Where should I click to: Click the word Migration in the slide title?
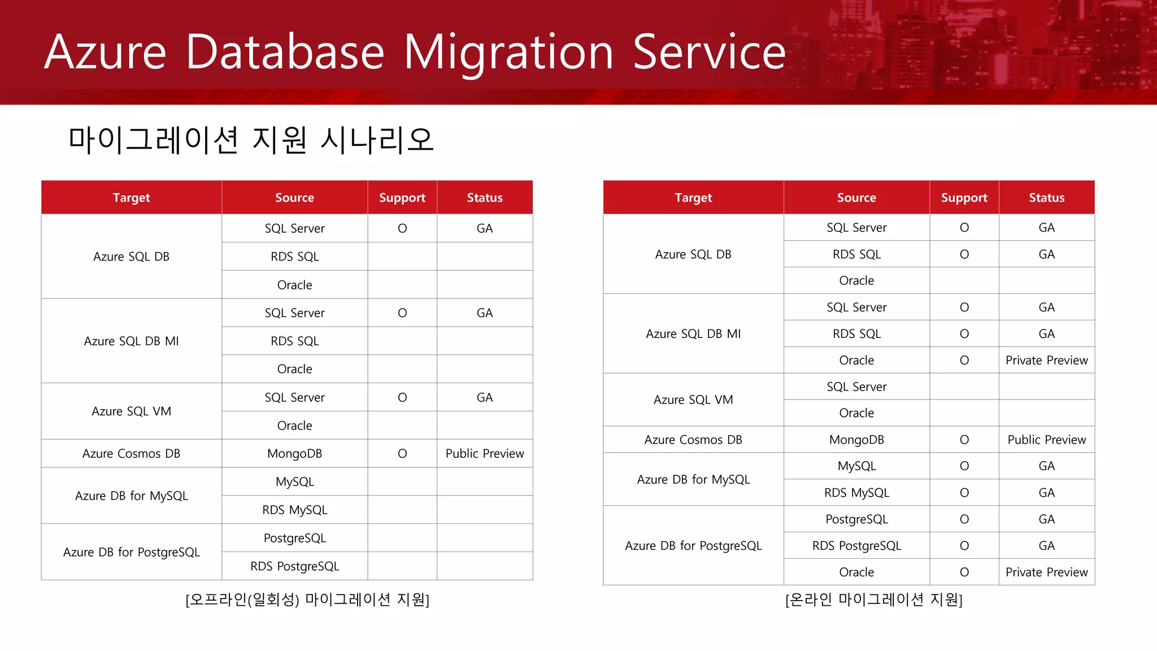[508, 53]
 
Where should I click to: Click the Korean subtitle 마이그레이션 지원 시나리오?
[251, 140]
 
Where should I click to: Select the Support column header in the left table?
[402, 198]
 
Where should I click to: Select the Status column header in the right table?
[1046, 198]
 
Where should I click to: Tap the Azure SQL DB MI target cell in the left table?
[131, 341]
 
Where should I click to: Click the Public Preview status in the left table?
[484, 453]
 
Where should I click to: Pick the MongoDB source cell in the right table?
[856, 440]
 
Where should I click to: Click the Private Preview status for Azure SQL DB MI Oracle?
[1046, 360]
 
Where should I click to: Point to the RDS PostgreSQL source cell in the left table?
[294, 566]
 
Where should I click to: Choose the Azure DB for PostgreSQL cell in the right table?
[693, 545]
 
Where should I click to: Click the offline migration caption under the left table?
[307, 600]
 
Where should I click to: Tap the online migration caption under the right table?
[873, 600]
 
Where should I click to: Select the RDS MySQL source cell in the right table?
[856, 493]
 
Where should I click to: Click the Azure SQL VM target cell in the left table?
[131, 411]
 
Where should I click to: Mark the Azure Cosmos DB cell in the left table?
[131, 453]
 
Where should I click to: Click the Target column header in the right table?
[693, 198]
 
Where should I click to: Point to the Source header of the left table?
[294, 198]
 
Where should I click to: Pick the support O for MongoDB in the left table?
[402, 453]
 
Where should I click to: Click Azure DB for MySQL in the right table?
[693, 479]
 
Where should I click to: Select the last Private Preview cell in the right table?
[1046, 572]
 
